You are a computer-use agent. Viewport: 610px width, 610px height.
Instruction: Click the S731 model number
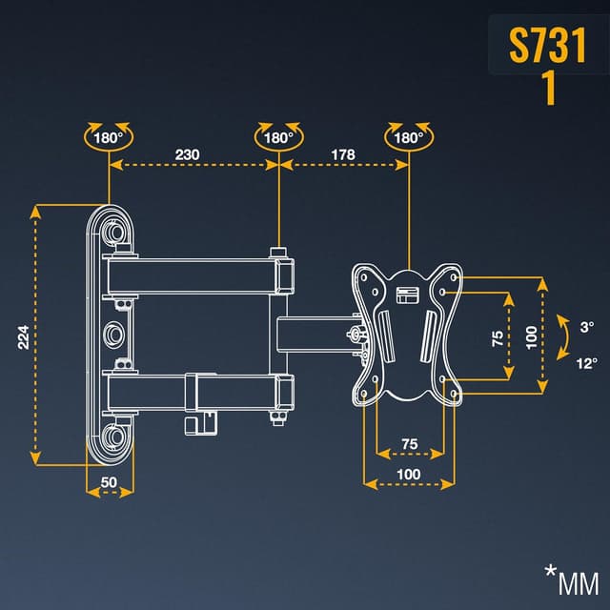[x=547, y=45]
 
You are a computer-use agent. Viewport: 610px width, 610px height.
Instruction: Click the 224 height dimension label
[x=24, y=335]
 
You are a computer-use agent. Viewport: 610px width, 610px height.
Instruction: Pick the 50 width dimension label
[x=109, y=482]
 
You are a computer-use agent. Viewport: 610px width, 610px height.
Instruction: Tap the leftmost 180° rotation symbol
[x=108, y=137]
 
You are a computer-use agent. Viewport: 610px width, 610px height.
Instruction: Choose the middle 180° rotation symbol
[x=278, y=137]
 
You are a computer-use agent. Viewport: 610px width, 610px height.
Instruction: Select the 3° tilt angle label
[x=587, y=327]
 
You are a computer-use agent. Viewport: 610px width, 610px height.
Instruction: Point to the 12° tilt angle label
[x=587, y=362]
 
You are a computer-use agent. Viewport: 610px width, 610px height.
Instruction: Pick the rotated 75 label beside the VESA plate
[x=497, y=338]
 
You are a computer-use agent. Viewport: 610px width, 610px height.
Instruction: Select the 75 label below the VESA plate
[x=409, y=443]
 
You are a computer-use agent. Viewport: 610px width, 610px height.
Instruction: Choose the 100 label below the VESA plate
[x=409, y=474]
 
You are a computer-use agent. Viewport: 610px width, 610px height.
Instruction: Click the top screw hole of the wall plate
[x=114, y=232]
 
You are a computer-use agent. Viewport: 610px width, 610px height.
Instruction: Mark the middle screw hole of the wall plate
[x=114, y=334]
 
